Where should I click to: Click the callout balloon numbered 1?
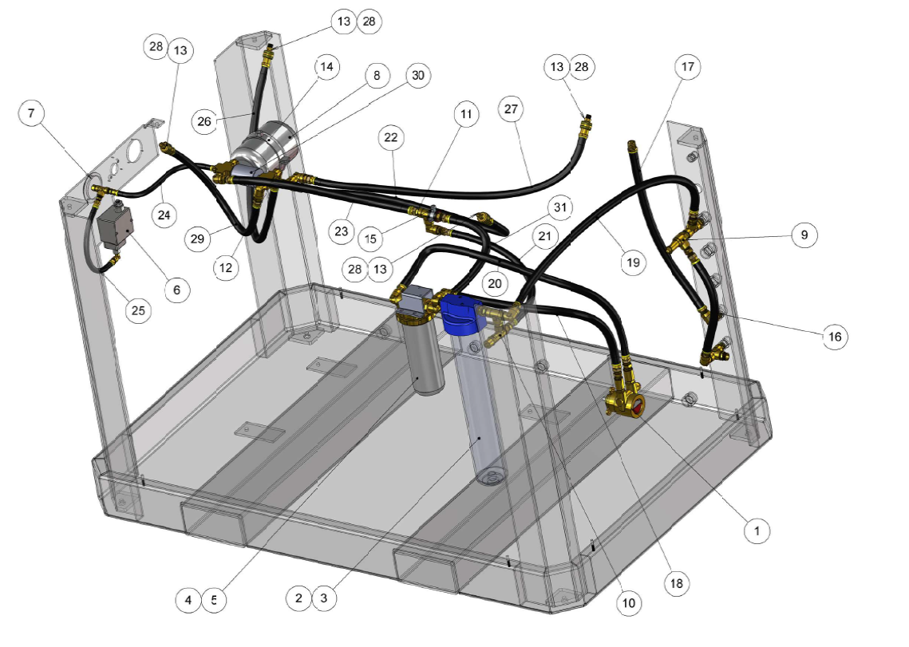[757, 531]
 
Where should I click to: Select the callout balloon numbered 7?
[31, 112]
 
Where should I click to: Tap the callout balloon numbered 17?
[688, 67]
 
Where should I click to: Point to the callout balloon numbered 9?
[804, 235]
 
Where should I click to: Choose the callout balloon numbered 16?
[835, 336]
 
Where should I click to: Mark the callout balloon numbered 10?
[628, 603]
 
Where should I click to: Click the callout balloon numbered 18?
[677, 583]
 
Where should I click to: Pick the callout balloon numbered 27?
[511, 109]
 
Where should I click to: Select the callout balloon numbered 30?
[418, 75]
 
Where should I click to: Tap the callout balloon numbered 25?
[138, 311]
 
